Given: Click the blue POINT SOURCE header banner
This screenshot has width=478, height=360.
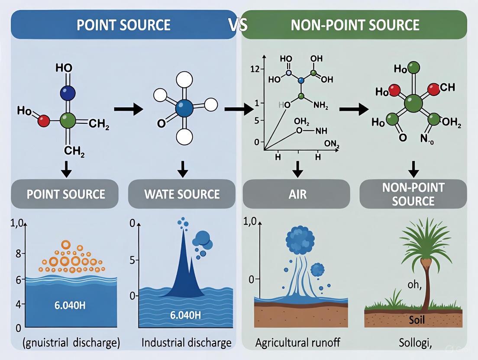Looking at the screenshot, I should point(123,25).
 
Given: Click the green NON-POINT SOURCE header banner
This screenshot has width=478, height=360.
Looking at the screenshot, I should point(354,25).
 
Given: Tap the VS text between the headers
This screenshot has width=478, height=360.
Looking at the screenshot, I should point(238,25).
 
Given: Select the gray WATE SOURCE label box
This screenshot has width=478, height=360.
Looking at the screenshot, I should point(182,194).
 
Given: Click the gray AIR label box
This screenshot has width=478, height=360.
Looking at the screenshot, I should point(297,194).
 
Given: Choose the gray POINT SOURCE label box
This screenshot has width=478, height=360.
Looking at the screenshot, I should point(66,194).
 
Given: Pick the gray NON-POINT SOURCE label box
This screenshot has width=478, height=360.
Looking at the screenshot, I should point(413,194).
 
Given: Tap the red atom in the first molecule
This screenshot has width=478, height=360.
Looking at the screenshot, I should point(44,121).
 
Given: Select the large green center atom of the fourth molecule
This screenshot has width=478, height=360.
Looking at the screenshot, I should point(413,104).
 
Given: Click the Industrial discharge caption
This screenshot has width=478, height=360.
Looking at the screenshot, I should point(186,343).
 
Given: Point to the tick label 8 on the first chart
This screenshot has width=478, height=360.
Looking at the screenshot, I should point(18,254).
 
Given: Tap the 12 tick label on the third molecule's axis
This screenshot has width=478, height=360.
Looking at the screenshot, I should point(254,69).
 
